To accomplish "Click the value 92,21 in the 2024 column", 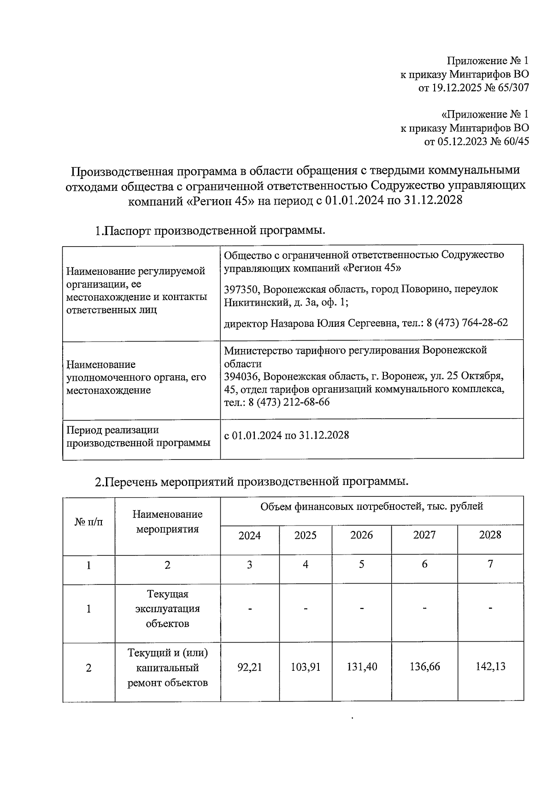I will [249, 667].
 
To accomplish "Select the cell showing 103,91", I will [306, 667].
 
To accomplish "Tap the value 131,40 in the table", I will [362, 667].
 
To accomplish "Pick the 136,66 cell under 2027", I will [424, 667].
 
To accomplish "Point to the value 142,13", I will [490, 667].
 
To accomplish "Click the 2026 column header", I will [362, 535].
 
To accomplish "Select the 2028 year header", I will [490, 535].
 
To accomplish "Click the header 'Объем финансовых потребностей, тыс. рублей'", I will [371, 507].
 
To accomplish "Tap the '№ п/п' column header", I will [88, 522].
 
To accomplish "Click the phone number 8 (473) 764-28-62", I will [467, 323].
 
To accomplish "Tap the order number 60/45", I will [516, 142].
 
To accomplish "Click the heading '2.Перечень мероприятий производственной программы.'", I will [252, 482].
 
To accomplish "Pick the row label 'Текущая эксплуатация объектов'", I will [167, 609].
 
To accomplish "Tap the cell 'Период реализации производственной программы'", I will [138, 437].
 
